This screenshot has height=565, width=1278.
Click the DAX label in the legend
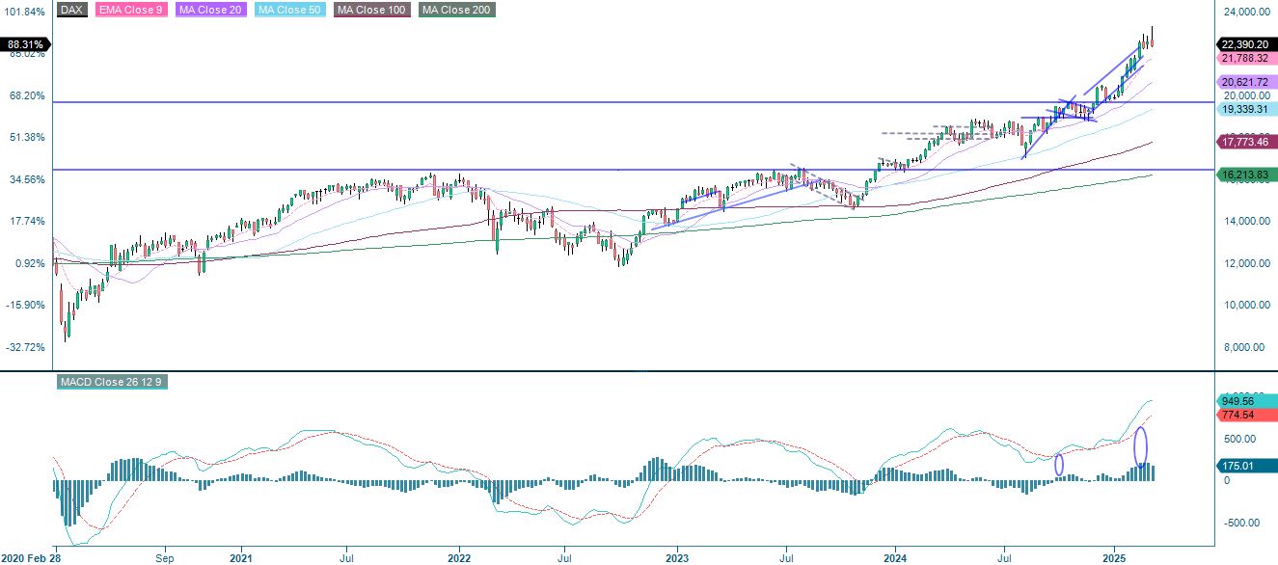coord(72,10)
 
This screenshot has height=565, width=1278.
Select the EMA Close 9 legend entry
coord(130,10)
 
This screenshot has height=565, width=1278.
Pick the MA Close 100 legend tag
coord(372,10)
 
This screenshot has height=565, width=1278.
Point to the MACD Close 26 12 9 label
coord(112,382)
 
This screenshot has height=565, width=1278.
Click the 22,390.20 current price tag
coord(1246,44)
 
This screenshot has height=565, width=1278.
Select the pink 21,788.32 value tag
coord(1246,59)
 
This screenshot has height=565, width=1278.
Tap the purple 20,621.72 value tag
coord(1246,82)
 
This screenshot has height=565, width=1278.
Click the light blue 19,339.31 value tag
coord(1246,110)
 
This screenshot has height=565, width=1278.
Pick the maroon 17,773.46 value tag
coord(1246,142)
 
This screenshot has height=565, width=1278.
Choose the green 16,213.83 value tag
coord(1246,175)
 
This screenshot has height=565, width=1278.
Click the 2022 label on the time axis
coord(459,557)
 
